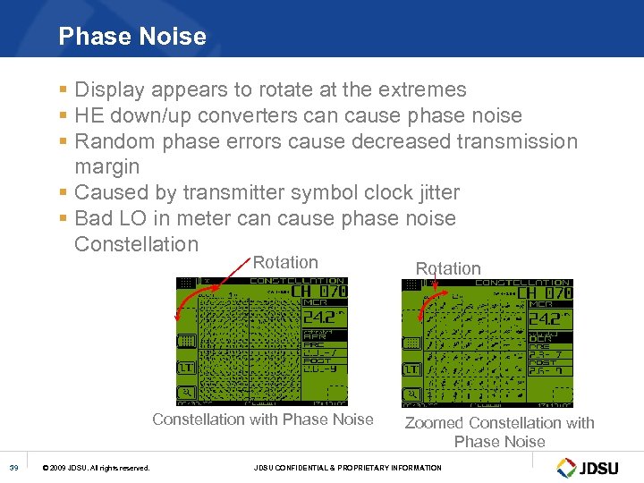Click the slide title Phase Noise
(132, 37)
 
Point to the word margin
(107, 167)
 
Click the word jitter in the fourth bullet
(432, 192)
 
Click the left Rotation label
(285, 262)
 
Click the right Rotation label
(448, 268)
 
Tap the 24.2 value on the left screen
(318, 318)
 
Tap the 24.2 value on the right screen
(543, 318)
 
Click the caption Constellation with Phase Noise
(263, 419)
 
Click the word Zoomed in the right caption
(435, 423)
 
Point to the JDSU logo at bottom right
(590, 467)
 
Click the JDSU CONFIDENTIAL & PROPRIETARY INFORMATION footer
(347, 468)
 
